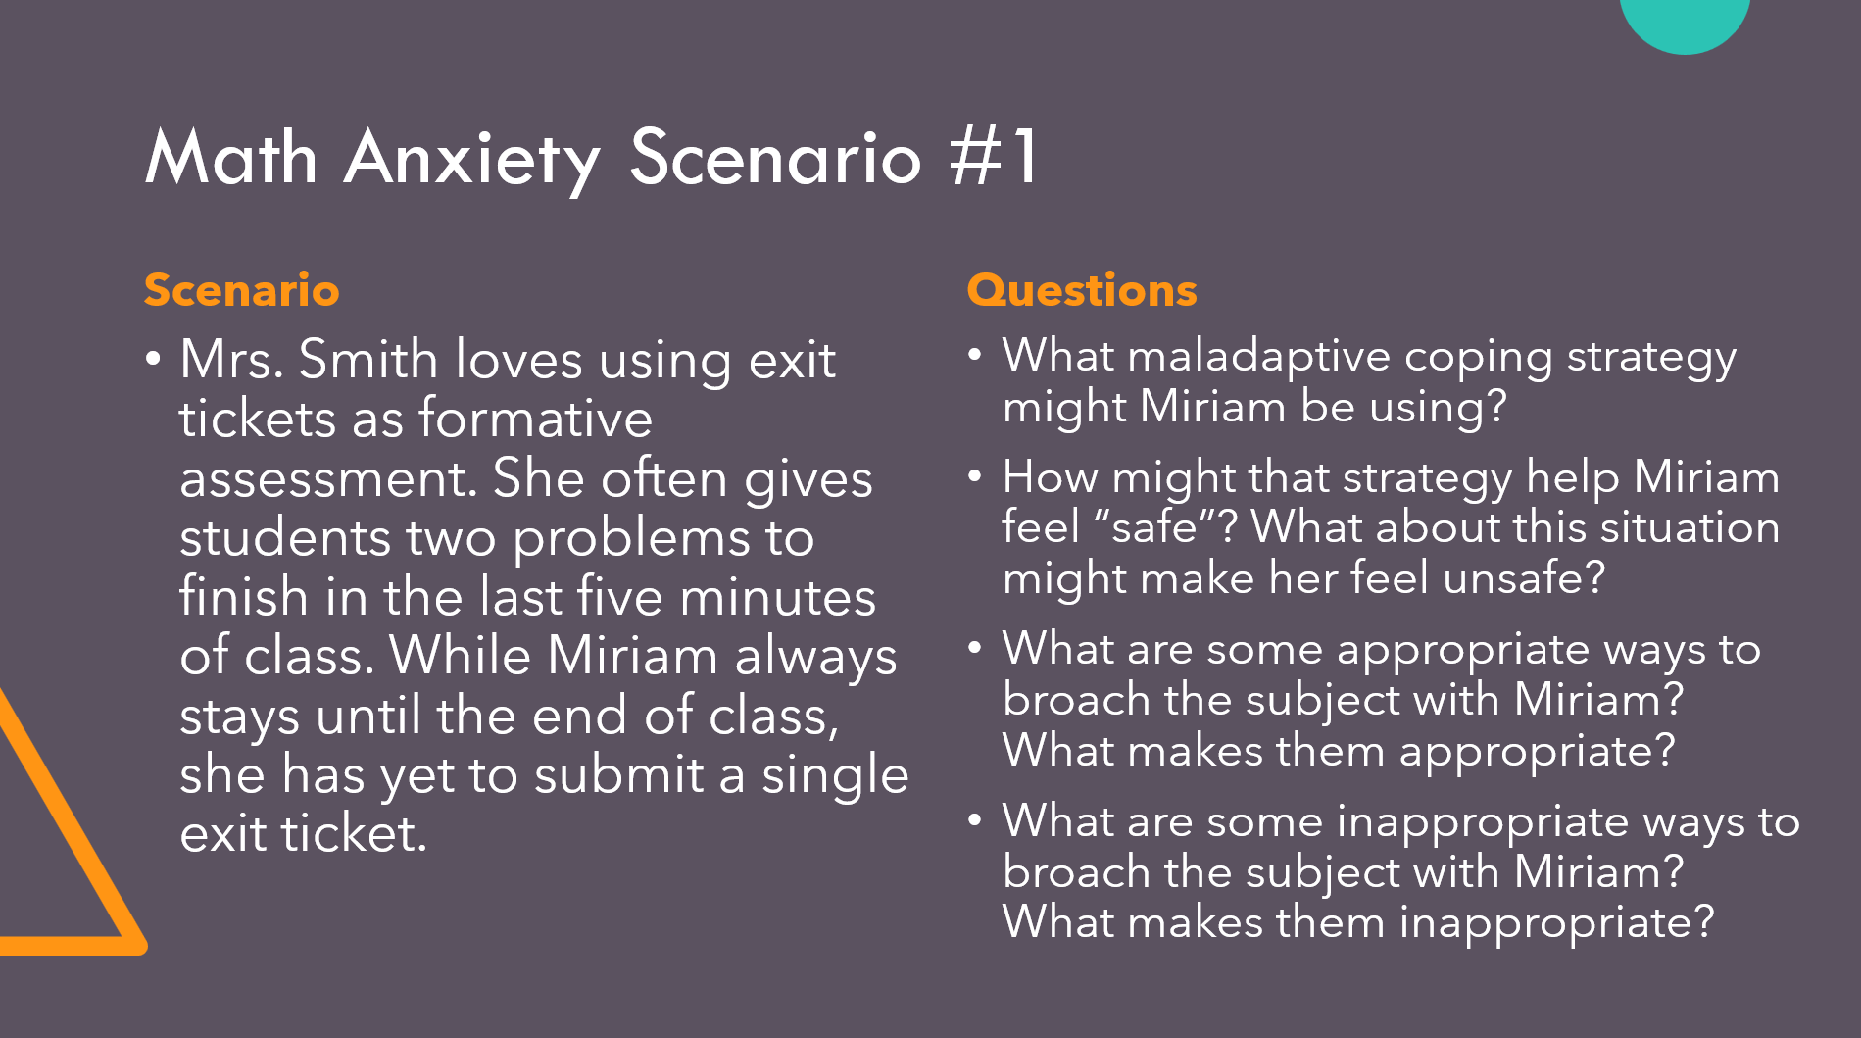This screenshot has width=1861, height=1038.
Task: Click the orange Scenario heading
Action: point(241,290)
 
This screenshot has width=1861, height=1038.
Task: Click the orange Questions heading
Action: point(1082,290)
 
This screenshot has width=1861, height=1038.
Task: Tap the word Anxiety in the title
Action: point(472,159)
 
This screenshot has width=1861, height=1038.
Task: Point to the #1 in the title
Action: point(993,157)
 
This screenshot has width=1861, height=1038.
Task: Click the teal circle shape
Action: point(1685,20)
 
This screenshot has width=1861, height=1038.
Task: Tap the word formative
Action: point(535,419)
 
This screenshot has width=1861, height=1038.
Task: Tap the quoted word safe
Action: point(1156,527)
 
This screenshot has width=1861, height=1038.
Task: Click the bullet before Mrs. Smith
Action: point(153,359)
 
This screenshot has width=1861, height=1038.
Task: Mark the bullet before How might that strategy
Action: point(974,476)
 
